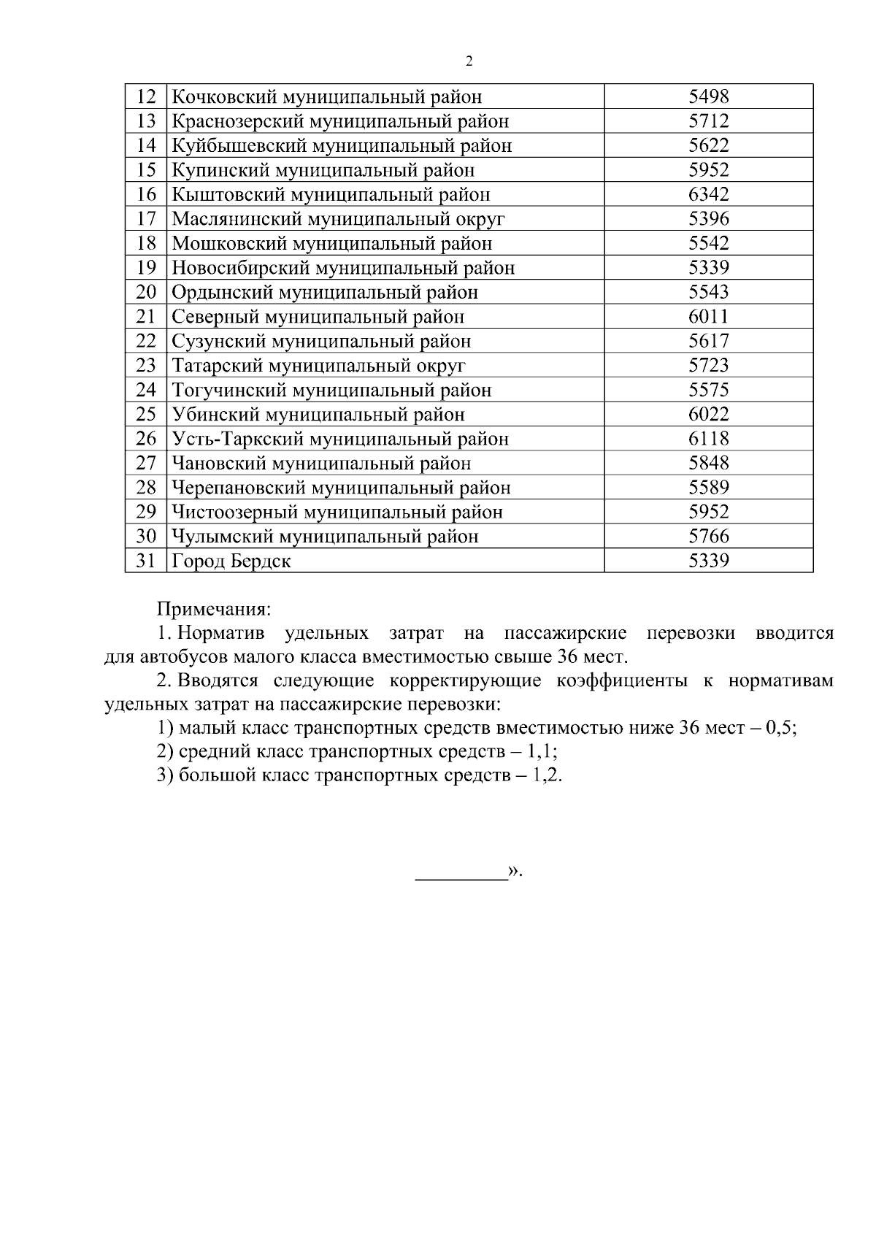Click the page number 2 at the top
[x=469, y=61]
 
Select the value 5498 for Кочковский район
[x=708, y=96]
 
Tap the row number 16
[x=146, y=194]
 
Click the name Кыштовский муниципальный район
[x=331, y=195]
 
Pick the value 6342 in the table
[x=708, y=194]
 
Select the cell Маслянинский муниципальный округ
[x=338, y=219]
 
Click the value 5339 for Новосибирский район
[x=708, y=267]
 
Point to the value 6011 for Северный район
[x=708, y=316]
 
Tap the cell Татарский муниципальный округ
[x=318, y=365]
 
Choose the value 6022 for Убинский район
[x=708, y=414]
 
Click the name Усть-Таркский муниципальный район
[x=339, y=439]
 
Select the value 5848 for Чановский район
[x=708, y=463]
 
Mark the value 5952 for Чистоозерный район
[x=708, y=512]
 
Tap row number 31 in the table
[x=146, y=561]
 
